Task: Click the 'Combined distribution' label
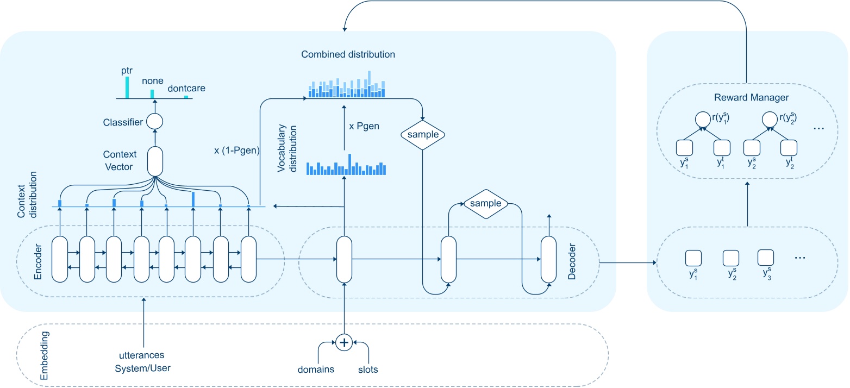(348, 54)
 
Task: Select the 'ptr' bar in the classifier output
(127, 87)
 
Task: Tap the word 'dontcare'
(186, 87)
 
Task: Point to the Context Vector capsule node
(155, 161)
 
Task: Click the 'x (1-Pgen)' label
(236, 151)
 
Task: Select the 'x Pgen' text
(364, 126)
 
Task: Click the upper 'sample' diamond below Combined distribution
(423, 134)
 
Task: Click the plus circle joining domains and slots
(343, 342)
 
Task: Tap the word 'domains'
(316, 370)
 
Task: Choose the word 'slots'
(368, 370)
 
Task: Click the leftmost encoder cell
(59, 259)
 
